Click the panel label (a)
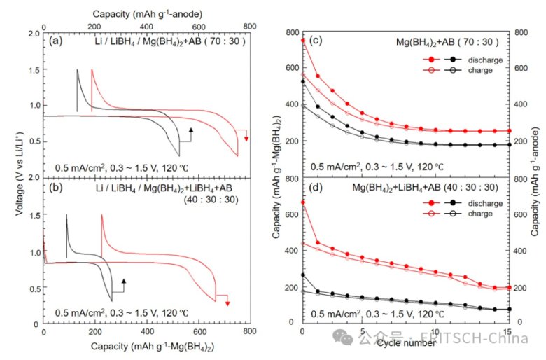[58, 41]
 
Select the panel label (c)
[315, 41]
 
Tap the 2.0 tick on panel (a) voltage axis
[32, 34]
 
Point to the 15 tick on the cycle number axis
[510, 331]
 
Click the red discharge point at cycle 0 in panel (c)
[302, 40]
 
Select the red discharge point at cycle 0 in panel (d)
[302, 202]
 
